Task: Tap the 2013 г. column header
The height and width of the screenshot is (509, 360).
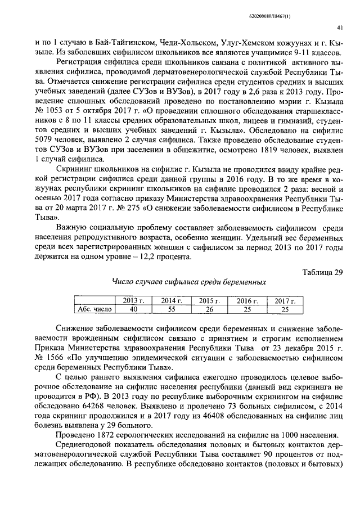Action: [133, 301]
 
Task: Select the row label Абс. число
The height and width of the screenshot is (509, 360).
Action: [94, 309]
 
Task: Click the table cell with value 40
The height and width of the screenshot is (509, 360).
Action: [133, 309]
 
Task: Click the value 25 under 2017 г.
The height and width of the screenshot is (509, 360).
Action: [285, 309]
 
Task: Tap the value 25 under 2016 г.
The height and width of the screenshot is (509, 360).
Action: [246, 309]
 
